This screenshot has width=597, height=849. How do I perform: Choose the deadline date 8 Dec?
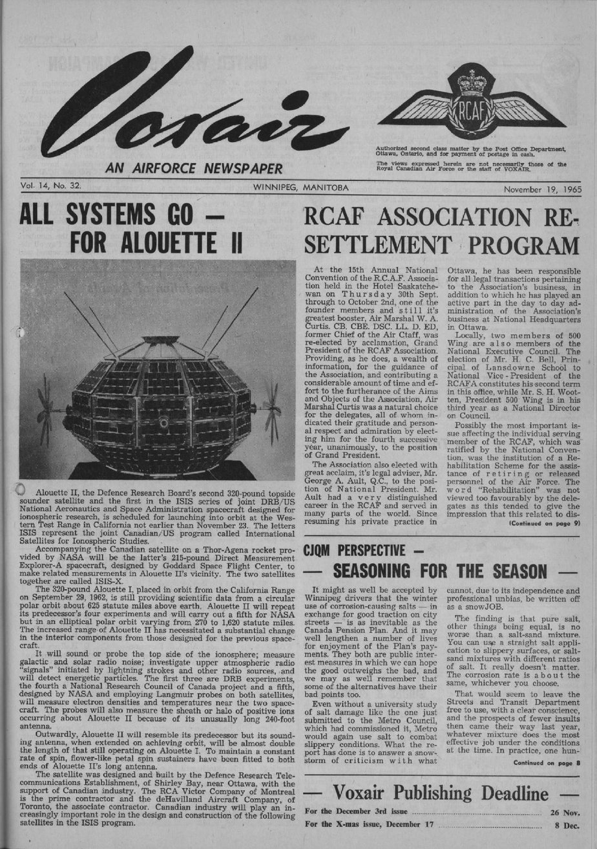[x=566, y=826]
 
